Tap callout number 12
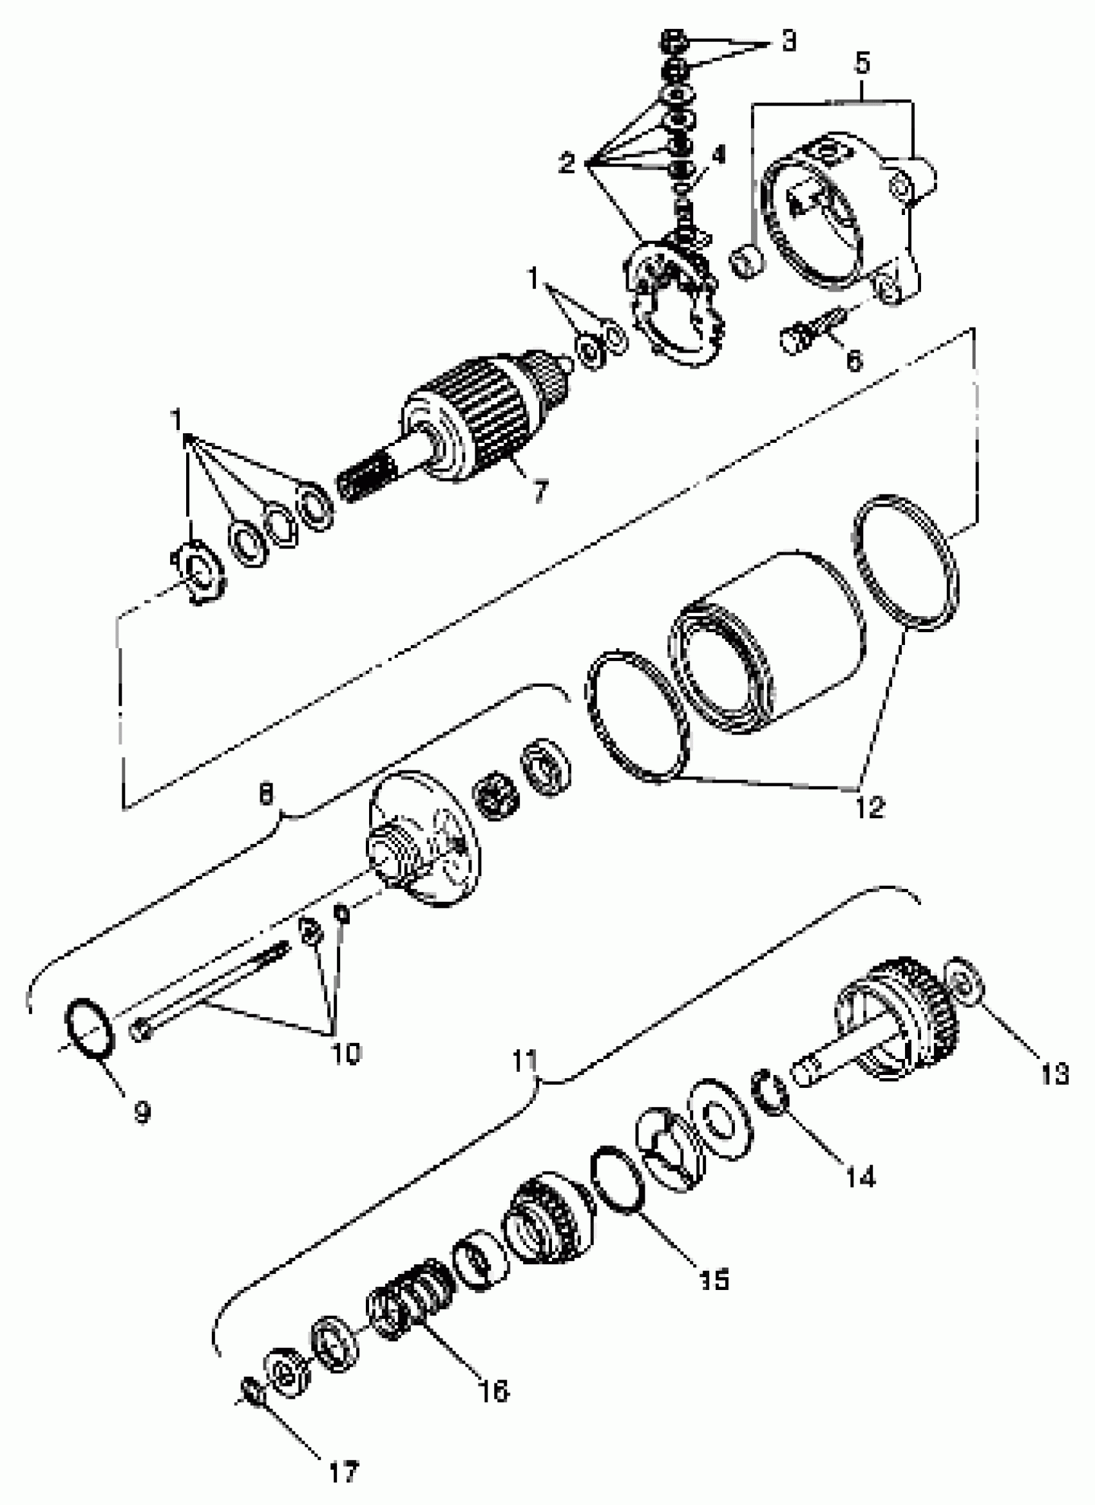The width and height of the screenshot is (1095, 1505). pos(869,808)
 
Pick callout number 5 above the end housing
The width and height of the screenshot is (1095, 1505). pos(861,64)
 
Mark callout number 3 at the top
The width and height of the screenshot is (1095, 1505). pos(788,41)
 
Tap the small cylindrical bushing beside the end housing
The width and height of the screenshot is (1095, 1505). pos(747,261)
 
